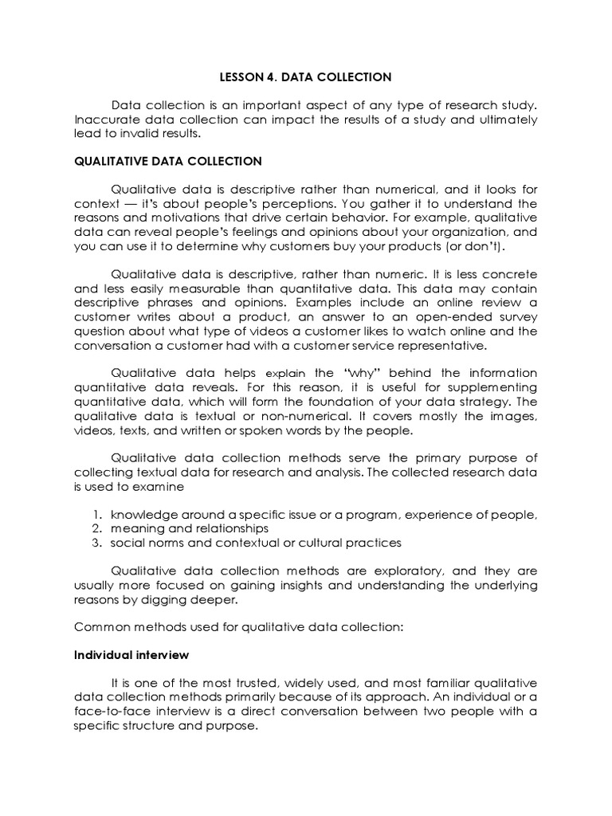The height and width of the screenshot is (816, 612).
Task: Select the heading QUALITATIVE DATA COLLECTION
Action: [167, 161]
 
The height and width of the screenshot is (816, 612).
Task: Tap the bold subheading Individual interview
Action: [131, 654]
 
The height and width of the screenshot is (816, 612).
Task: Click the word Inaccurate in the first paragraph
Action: [102, 120]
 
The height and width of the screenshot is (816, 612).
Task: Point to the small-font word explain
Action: [285, 373]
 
